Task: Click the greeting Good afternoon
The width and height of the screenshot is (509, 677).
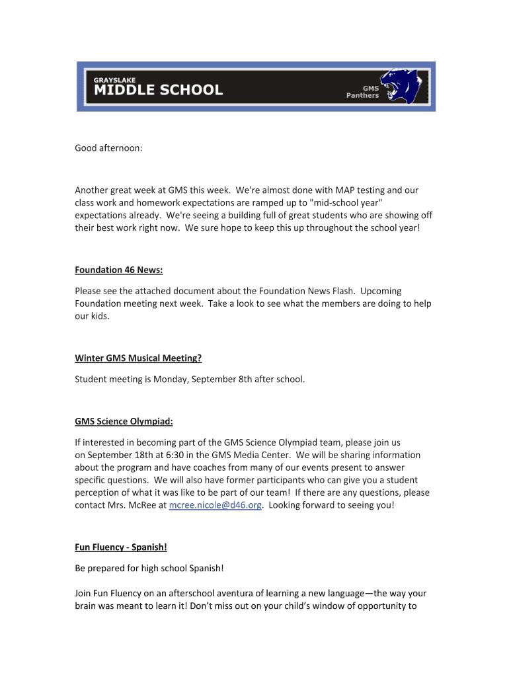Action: click(x=108, y=149)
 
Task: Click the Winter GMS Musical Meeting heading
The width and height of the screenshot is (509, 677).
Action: click(x=138, y=358)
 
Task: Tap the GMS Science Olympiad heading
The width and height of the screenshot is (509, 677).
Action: click(x=124, y=422)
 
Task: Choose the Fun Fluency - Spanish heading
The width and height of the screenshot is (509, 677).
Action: click(x=120, y=547)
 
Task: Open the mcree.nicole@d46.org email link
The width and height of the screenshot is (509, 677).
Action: click(x=216, y=505)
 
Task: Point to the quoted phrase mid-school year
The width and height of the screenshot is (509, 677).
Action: click(x=346, y=203)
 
